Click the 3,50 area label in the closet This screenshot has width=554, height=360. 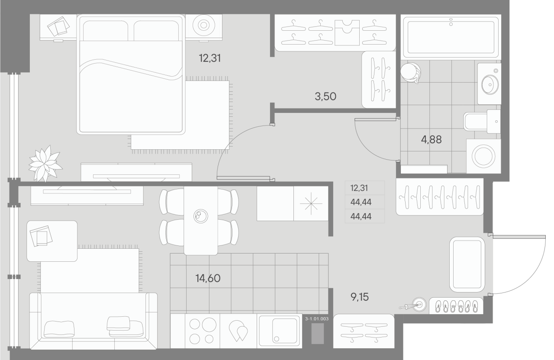(x=325, y=96)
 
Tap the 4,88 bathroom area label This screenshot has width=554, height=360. (x=432, y=139)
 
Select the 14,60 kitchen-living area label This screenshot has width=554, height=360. (x=208, y=278)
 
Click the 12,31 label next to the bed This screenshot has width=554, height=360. (x=210, y=58)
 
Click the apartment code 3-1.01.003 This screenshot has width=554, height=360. (x=317, y=318)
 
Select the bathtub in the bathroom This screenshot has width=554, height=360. (x=451, y=36)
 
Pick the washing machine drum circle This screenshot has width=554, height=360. (x=483, y=156)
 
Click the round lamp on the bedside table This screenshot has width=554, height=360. (x=203, y=25)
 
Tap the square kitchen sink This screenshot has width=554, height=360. (x=279, y=331)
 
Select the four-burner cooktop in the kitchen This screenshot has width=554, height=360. (x=203, y=331)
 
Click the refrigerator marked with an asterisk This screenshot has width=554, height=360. (x=311, y=203)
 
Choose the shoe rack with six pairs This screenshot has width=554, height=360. (x=456, y=305)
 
